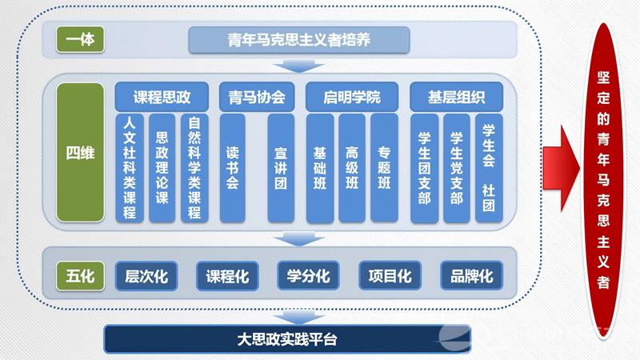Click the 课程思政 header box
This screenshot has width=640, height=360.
(x=162, y=98)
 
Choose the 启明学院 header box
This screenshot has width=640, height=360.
(x=352, y=98)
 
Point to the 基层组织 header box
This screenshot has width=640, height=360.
(x=455, y=98)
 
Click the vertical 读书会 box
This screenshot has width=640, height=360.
(x=233, y=167)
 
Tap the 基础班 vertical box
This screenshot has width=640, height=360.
(x=320, y=167)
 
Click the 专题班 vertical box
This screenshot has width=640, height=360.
(x=384, y=167)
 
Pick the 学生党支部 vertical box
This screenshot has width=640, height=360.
(x=456, y=169)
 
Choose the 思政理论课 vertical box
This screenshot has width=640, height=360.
(x=162, y=167)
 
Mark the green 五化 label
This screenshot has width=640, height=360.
(x=80, y=276)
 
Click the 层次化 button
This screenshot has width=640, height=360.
(x=146, y=276)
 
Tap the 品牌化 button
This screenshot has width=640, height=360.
(x=471, y=276)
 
